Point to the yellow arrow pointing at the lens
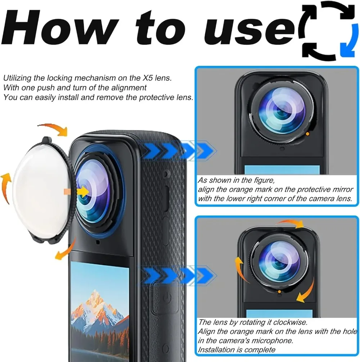click(x=83, y=191)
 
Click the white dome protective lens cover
click(x=40, y=191)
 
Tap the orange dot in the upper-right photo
click(x=307, y=134)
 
